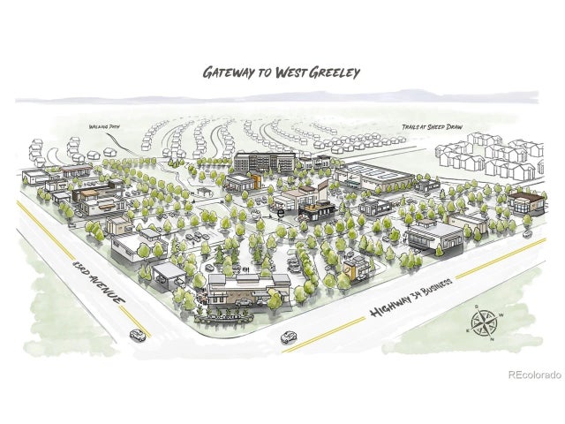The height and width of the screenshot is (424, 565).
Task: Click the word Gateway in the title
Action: coord(228,72)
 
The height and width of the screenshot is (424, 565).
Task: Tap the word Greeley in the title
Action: coord(334,72)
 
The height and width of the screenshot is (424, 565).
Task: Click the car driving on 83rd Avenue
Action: coord(137,334)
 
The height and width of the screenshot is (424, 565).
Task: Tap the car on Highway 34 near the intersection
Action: coord(289,337)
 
